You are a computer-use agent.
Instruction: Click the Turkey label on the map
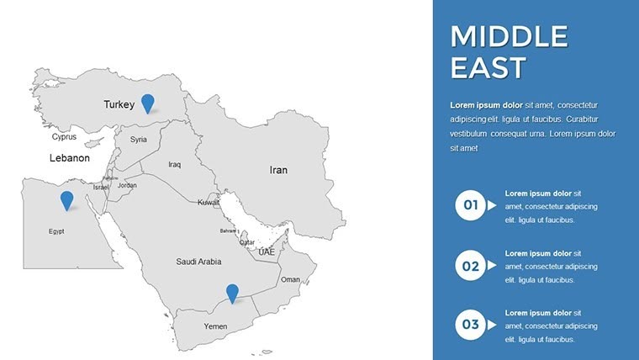pyautogui.click(x=119, y=105)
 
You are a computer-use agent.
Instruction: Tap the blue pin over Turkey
pyautogui.click(x=148, y=103)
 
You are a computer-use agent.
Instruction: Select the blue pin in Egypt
pyautogui.click(x=66, y=199)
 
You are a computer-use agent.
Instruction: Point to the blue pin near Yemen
pyautogui.click(x=232, y=293)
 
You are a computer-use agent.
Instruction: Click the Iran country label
pyautogui.click(x=278, y=170)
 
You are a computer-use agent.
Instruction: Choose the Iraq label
pyautogui.click(x=175, y=165)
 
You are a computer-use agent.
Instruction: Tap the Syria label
pyautogui.click(x=139, y=140)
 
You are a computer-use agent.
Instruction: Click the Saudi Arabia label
pyautogui.click(x=198, y=262)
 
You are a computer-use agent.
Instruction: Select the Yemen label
pyautogui.click(x=216, y=326)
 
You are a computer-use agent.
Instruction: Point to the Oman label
pyautogui.click(x=290, y=280)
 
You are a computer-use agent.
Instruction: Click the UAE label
pyautogui.click(x=267, y=252)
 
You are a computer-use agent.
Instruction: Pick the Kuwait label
pyautogui.click(x=209, y=203)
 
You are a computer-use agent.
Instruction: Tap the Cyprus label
pyautogui.click(x=64, y=136)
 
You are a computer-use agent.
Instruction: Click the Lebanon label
pyautogui.click(x=69, y=158)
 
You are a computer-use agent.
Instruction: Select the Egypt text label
pyautogui.click(x=56, y=231)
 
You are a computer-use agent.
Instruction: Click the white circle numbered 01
pyautogui.click(x=470, y=204)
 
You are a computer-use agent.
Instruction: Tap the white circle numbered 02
pyautogui.click(x=470, y=265)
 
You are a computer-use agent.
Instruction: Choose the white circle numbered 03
pyautogui.click(x=470, y=324)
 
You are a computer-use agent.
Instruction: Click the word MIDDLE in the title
pyautogui.click(x=509, y=36)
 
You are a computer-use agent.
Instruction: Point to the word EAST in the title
pyautogui.click(x=488, y=67)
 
